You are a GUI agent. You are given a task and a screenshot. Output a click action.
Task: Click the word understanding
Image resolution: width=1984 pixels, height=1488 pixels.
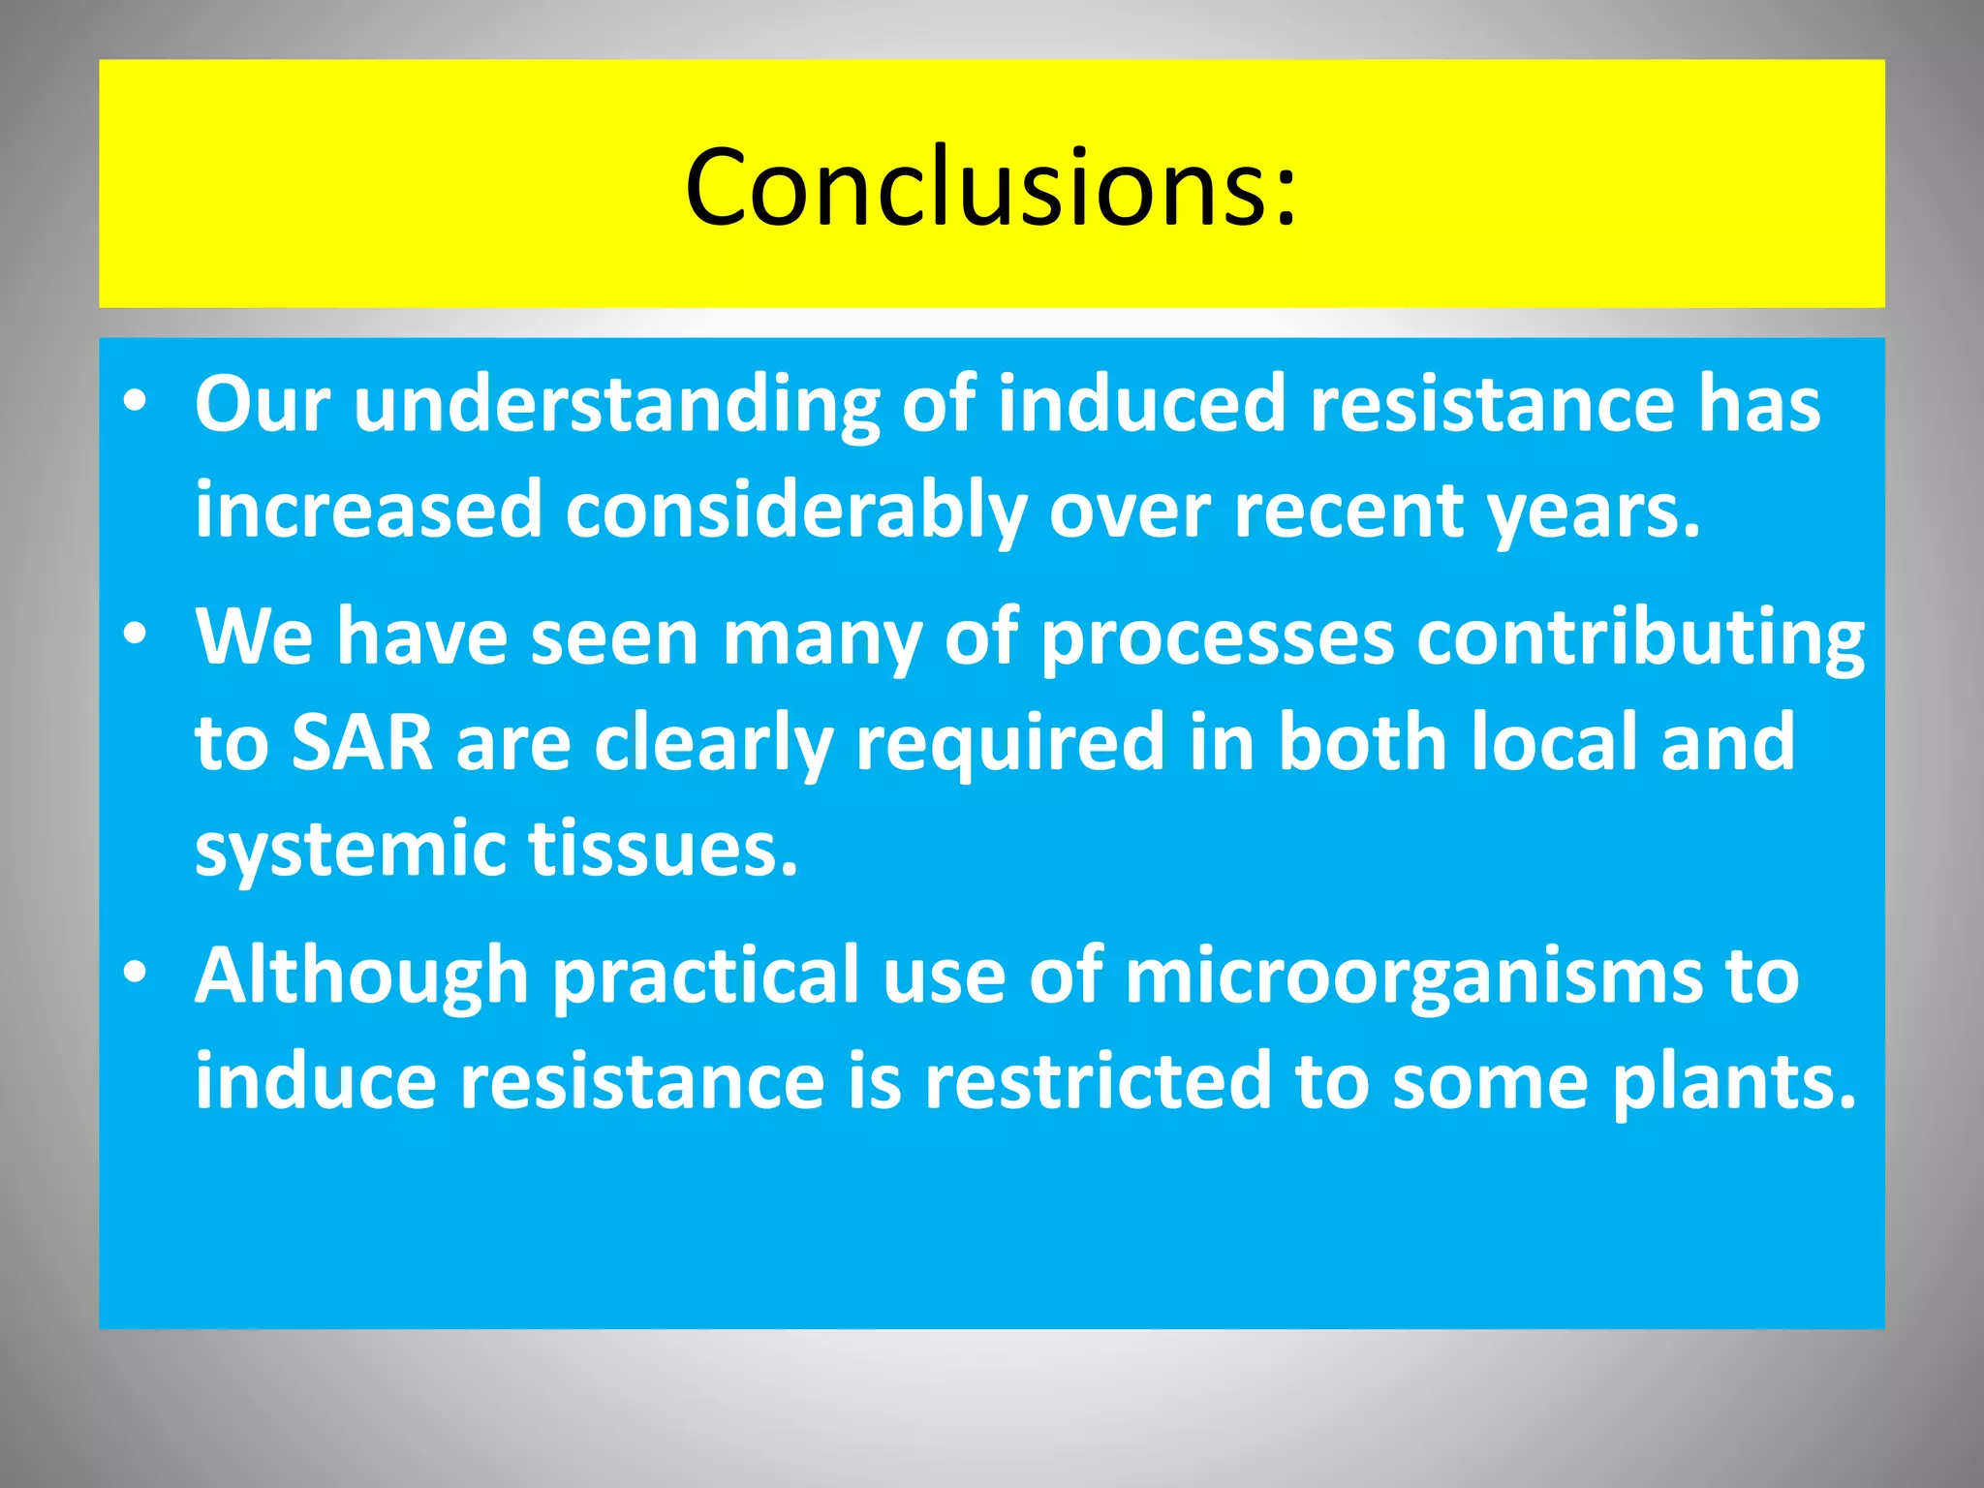(616, 405)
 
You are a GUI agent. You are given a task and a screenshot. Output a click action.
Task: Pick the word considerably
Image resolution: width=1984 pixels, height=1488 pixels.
(795, 511)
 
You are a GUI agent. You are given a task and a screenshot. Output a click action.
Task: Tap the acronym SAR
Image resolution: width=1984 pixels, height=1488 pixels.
(361, 742)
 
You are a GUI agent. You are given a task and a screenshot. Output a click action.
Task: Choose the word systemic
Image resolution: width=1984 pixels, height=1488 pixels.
(350, 849)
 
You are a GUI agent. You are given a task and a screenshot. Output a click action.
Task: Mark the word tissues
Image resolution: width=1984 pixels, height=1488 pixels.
(663, 849)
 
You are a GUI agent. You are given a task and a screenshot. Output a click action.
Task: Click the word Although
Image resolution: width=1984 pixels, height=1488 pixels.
(361, 976)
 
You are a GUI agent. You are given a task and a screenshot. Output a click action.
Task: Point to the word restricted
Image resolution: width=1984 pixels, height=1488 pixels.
(1097, 1081)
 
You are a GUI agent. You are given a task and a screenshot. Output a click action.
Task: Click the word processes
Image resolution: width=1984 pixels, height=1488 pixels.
(1217, 639)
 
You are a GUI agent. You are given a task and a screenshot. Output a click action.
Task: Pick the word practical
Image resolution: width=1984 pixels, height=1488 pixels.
(705, 976)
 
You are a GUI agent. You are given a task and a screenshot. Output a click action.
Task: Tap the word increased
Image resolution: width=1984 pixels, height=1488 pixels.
(368, 511)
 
